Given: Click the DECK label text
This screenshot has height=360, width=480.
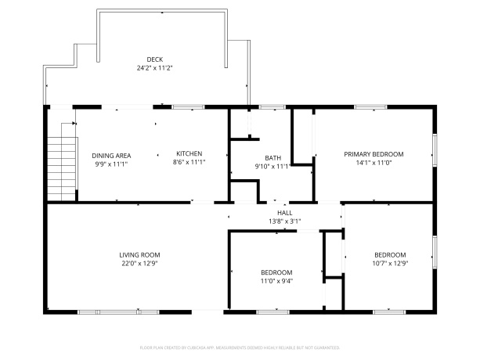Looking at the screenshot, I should [x=154, y=59].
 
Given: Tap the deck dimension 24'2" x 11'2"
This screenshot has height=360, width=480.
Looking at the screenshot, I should [x=154, y=68].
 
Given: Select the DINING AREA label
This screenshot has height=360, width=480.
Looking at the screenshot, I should [x=111, y=155].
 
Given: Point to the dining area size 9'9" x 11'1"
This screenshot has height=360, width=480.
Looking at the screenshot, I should [x=111, y=164].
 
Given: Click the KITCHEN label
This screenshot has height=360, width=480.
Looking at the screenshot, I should [x=189, y=153].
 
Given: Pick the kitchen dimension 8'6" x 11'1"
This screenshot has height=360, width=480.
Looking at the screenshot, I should [x=189, y=163].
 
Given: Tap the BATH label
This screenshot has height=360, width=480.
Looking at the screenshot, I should [x=272, y=157].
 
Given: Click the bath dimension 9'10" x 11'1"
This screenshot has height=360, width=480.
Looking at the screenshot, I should [x=272, y=166].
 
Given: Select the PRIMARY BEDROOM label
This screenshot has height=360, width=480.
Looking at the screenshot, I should [x=374, y=153].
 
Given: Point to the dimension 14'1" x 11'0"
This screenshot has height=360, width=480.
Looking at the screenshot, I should [x=374, y=163].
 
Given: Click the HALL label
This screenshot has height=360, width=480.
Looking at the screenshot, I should [x=285, y=213].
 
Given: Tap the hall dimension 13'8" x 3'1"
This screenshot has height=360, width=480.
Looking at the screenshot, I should [x=285, y=221].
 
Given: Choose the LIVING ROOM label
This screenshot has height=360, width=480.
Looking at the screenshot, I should [x=139, y=254].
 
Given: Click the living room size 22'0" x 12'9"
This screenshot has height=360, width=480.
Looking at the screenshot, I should [x=139, y=264].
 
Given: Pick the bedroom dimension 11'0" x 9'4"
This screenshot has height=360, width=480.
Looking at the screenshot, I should [x=276, y=281].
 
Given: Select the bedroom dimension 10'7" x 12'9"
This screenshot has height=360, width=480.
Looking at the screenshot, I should [x=390, y=264].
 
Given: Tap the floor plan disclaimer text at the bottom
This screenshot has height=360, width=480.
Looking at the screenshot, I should [x=240, y=346].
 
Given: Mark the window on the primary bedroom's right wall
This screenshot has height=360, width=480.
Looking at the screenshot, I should [x=435, y=148].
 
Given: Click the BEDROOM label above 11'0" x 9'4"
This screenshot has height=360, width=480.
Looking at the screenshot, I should [x=276, y=272].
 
